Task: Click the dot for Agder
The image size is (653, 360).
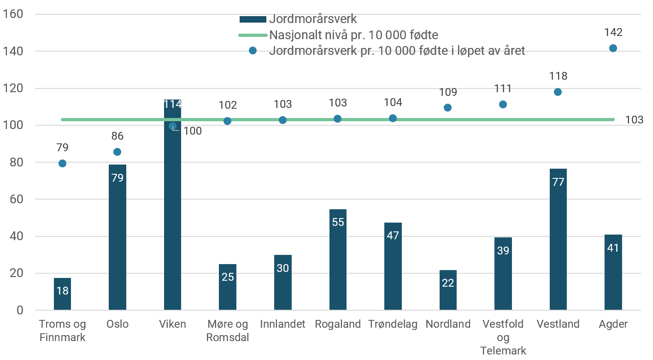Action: coord(613,48)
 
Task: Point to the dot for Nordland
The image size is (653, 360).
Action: coord(447,107)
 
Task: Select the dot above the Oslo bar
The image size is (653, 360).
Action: coord(118,152)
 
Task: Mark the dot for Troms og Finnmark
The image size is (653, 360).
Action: coord(62,163)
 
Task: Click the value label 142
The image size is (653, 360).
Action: coord(613,32)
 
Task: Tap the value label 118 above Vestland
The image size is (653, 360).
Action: coord(558,76)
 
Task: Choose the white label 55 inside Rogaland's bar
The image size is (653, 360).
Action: coord(338,222)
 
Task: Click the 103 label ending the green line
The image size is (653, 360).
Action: coord(634,120)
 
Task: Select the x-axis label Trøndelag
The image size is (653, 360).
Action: coord(393,324)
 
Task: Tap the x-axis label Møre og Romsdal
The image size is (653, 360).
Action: coord(228,330)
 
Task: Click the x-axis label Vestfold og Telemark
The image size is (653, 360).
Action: coord(503,337)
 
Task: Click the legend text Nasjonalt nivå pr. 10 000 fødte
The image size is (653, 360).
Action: coord(353,35)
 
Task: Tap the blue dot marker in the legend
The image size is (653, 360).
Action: coord(253,51)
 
